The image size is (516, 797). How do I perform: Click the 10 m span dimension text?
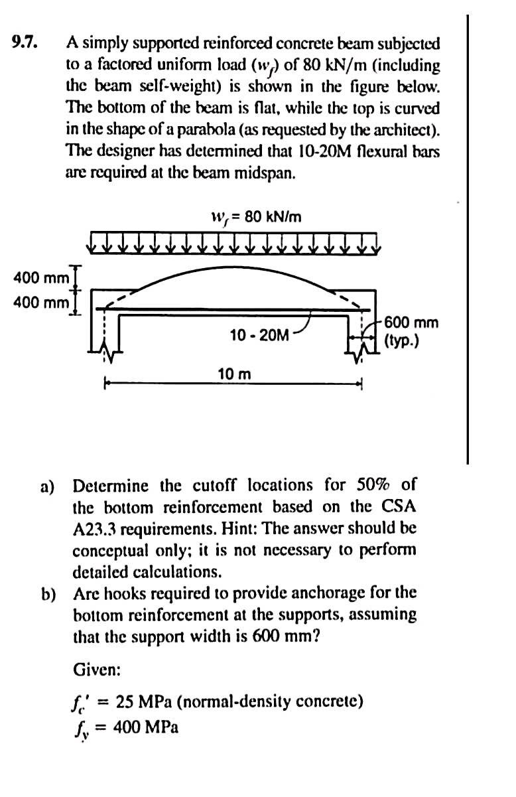tap(234, 374)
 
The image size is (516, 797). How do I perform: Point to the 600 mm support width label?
tap(411, 323)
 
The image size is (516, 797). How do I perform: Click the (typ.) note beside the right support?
tap(401, 344)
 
